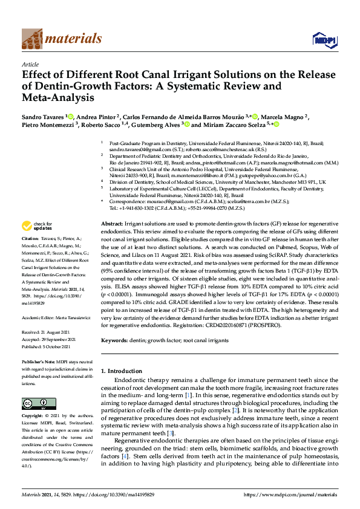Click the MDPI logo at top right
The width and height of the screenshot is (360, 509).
pyautogui.click(x=324, y=40)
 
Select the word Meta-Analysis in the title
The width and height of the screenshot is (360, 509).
pyautogui.click(x=61, y=96)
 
